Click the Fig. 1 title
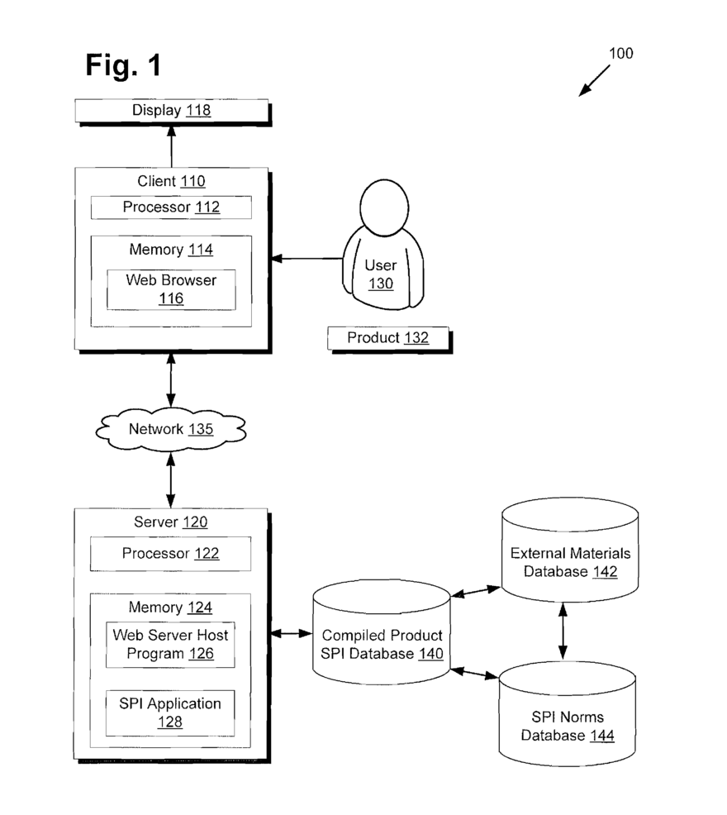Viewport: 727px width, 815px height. pyautogui.click(x=124, y=65)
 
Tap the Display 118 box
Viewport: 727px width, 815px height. pyautogui.click(x=172, y=110)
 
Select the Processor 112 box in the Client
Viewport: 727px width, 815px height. pyautogui.click(x=171, y=207)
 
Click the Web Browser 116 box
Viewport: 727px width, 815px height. pyautogui.click(x=171, y=289)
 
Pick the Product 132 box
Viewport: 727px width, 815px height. pyautogui.click(x=388, y=337)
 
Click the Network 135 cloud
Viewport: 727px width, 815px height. pyautogui.click(x=171, y=429)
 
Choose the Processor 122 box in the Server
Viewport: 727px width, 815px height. pyautogui.click(x=171, y=554)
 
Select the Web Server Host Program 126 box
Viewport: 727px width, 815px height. pyautogui.click(x=171, y=645)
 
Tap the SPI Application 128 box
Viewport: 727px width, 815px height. pyautogui.click(x=171, y=713)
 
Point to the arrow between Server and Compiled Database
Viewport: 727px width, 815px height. pyautogui.click(x=291, y=634)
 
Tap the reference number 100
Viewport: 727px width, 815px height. pyautogui.click(x=620, y=54)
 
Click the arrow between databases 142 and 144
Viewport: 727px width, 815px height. pyautogui.click(x=563, y=630)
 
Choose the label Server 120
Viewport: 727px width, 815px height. pyautogui.click(x=170, y=522)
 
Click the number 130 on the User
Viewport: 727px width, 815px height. pyautogui.click(x=381, y=284)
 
